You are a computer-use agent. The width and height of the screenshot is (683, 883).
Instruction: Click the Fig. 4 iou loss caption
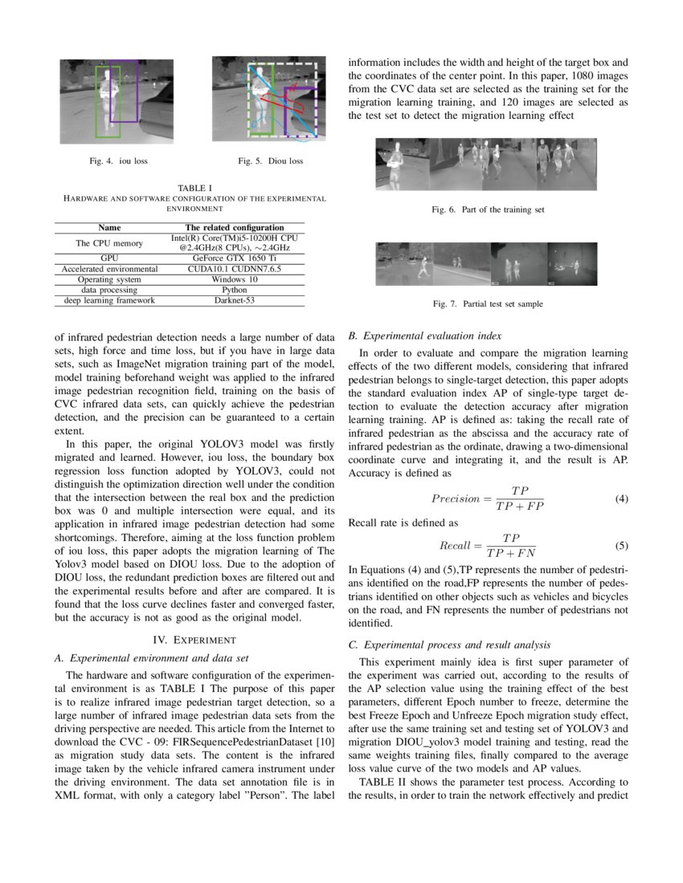(118, 161)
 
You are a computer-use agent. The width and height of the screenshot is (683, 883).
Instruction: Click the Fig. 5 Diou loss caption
(271, 161)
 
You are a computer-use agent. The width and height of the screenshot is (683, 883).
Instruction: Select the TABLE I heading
(194, 188)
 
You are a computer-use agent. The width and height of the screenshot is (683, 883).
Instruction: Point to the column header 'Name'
(109, 228)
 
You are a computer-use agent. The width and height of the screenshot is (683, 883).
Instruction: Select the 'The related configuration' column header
(234, 228)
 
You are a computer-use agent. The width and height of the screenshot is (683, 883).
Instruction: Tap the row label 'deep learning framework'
(109, 300)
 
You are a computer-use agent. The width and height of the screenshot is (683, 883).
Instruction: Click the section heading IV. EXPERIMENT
(194, 640)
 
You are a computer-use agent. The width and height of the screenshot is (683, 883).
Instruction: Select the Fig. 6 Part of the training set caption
(488, 210)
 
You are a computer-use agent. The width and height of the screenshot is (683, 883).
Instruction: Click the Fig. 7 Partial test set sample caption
(488, 304)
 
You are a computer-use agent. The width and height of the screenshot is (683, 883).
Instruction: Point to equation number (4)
(621, 498)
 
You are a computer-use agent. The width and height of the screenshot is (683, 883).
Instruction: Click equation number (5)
(621, 546)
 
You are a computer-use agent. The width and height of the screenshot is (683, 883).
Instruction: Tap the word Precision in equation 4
(455, 498)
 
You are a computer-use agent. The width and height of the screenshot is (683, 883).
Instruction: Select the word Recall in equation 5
(455, 546)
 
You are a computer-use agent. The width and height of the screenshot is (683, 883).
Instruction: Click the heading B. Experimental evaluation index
(425, 336)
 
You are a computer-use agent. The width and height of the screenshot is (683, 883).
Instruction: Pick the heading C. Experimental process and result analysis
(461, 645)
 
